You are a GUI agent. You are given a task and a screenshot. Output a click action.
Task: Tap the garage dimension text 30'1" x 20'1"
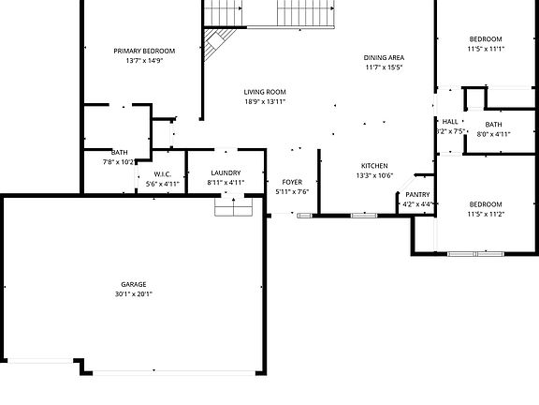point(134,293)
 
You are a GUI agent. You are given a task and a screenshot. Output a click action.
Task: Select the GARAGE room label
point(134,284)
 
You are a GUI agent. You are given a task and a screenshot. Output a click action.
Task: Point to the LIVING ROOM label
point(265,92)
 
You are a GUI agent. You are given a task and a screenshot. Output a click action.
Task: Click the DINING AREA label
point(384,58)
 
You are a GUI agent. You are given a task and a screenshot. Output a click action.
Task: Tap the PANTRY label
point(417,194)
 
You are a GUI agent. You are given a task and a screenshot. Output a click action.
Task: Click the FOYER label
point(292,182)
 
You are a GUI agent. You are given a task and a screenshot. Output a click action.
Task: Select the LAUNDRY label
point(226,173)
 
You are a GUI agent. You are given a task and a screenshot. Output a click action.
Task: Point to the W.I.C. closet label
point(162,174)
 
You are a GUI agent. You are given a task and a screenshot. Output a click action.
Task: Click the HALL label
point(450,122)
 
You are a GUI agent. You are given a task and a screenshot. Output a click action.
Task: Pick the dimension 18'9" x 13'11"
point(265,101)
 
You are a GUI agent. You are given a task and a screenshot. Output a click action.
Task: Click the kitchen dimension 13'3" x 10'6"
point(374,175)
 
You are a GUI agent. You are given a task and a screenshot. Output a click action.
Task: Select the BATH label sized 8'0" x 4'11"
point(494,125)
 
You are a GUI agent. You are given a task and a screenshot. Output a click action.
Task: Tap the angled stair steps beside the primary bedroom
point(221,42)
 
